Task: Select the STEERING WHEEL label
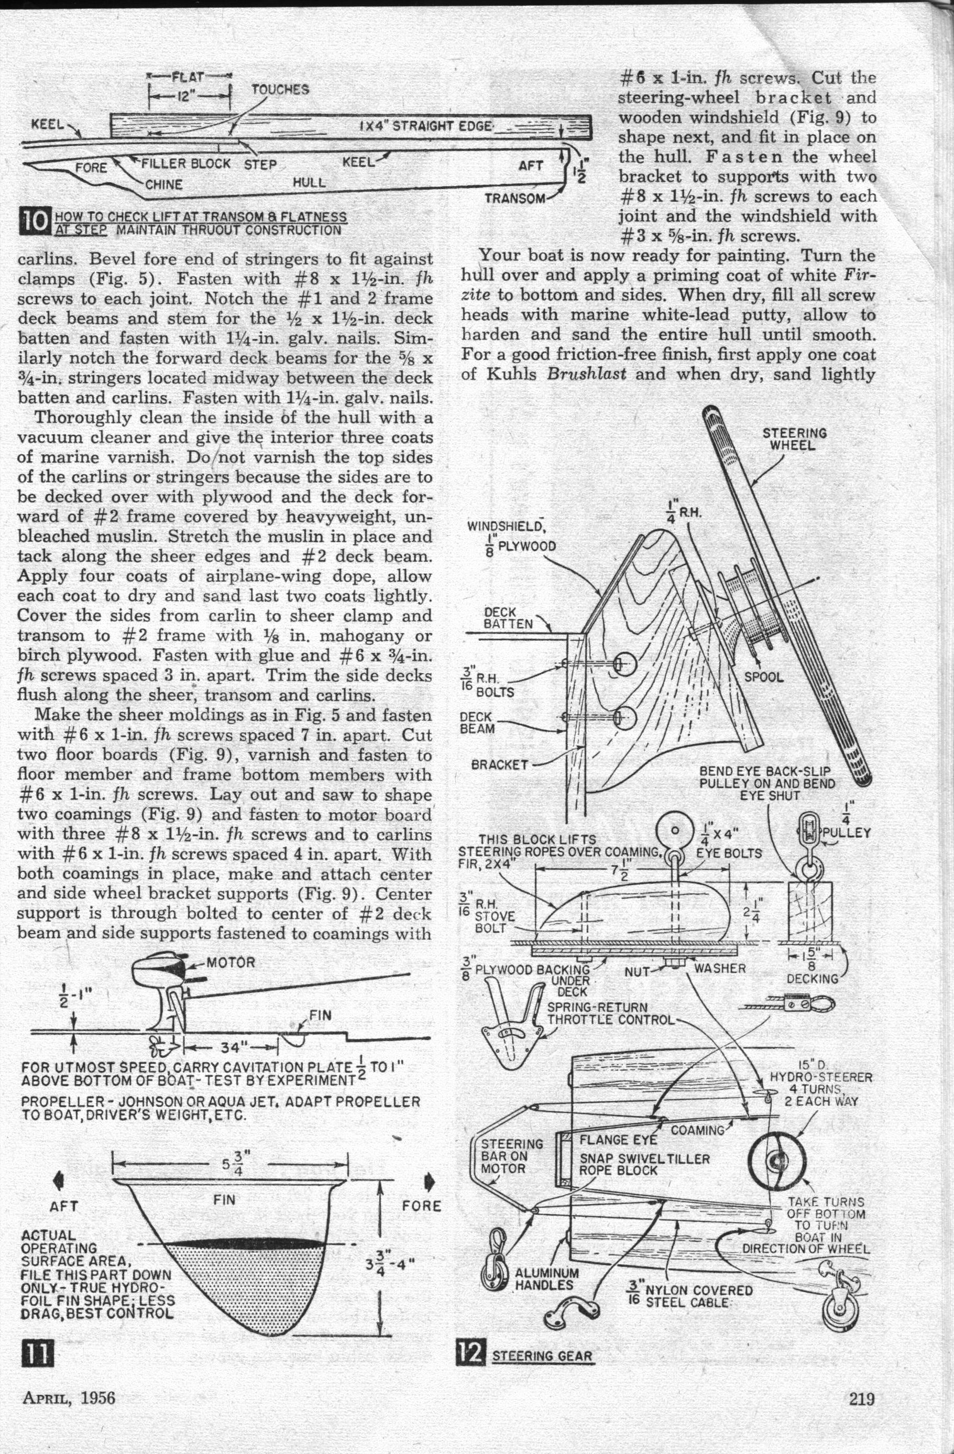point(795,439)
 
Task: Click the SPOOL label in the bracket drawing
point(763,677)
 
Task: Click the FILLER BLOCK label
point(185,163)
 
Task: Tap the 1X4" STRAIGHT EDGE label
point(426,126)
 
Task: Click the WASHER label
point(719,968)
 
